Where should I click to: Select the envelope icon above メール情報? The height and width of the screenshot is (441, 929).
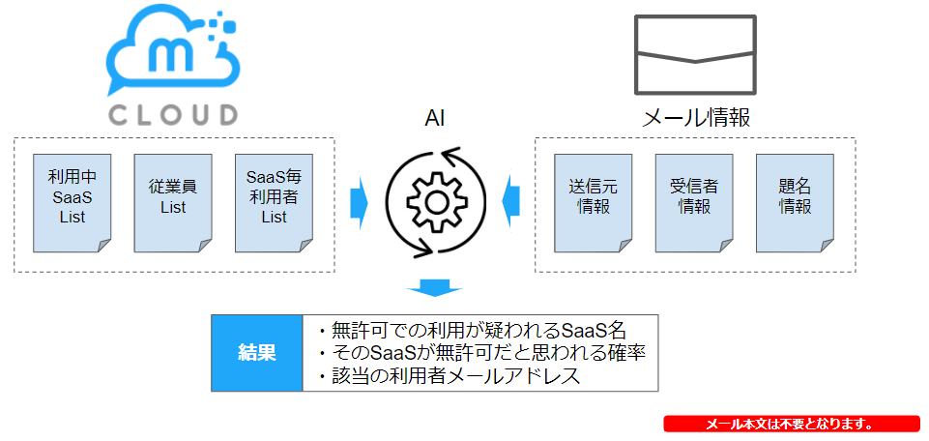pos(695,54)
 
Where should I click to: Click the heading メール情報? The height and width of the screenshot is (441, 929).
pos(696,119)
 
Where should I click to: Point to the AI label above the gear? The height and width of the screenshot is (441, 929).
pos(434,119)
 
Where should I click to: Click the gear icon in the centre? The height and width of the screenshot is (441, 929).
pos(435,202)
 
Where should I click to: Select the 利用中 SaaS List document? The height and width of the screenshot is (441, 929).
pos(73,203)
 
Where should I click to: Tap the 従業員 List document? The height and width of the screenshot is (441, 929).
pos(173,203)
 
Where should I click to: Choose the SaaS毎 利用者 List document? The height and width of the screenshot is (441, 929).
pos(274,203)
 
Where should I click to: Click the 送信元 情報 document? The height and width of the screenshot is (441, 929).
pos(593,203)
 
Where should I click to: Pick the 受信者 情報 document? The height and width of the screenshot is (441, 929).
pos(694,203)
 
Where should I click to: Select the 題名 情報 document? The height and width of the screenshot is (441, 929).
pos(795,203)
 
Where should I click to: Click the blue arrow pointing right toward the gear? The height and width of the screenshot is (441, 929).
pos(359,203)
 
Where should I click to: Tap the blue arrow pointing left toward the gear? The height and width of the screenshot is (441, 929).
pos(510,203)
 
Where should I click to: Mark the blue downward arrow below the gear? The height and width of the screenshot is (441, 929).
pos(434,287)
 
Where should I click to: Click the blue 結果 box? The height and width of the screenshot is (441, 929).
pos(257,353)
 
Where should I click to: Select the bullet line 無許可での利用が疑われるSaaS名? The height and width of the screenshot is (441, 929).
pos(472,330)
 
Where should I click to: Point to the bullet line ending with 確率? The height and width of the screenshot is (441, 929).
pos(481,353)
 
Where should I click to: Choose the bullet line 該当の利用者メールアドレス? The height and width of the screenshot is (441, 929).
pos(449,377)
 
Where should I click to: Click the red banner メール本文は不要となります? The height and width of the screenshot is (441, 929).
pos(792,424)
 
